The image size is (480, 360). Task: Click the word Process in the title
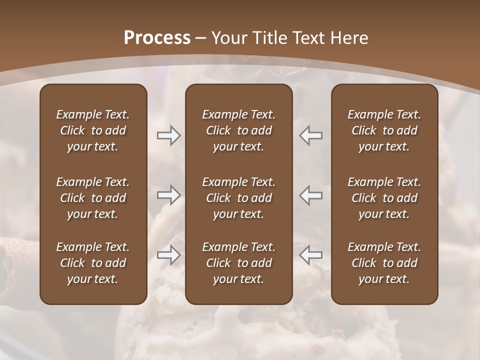click(157, 38)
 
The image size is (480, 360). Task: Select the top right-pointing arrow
click(168, 135)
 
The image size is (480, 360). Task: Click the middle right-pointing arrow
click(168, 195)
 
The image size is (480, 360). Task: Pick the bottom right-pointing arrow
click(168, 255)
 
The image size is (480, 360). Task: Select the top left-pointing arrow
click(311, 135)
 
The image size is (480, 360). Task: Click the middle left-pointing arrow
click(311, 195)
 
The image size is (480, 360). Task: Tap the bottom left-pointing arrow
click(311, 255)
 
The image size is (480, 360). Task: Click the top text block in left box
click(93, 130)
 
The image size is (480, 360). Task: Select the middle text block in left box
click(93, 198)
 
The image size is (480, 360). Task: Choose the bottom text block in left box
click(93, 263)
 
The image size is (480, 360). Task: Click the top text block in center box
click(238, 130)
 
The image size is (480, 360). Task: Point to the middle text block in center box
click(238, 198)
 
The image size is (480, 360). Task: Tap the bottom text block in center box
click(238, 263)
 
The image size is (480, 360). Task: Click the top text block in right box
click(384, 130)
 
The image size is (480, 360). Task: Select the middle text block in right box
click(384, 198)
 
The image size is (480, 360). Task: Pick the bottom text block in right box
click(384, 263)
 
